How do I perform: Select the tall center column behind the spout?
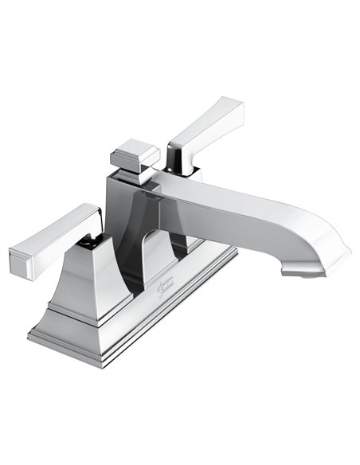119,215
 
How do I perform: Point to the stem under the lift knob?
135,173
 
